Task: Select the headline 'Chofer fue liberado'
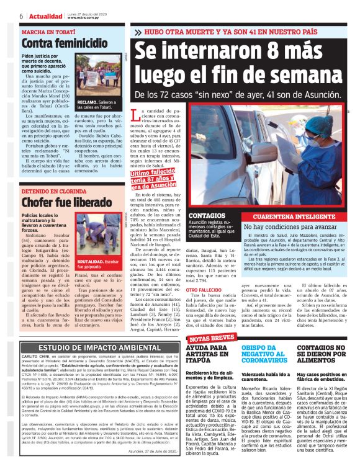pos(60,203)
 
